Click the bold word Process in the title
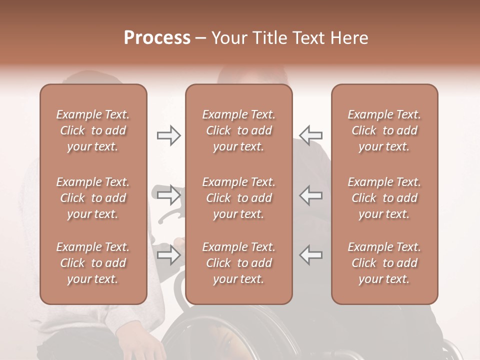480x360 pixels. (157, 38)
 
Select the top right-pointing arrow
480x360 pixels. (168, 135)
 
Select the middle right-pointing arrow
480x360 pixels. (168, 195)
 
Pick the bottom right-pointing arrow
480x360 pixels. (168, 255)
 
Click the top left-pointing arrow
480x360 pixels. (311, 135)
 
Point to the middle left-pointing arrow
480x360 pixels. (311, 195)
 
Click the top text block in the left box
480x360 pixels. (93, 130)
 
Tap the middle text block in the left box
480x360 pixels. (93, 198)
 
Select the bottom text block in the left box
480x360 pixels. (93, 263)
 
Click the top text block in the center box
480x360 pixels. (238, 130)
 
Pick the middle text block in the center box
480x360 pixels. (238, 198)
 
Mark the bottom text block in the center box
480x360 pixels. (238, 263)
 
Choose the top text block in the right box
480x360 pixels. (384, 130)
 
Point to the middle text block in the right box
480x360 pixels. (384, 198)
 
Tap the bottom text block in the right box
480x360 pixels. (384, 263)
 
